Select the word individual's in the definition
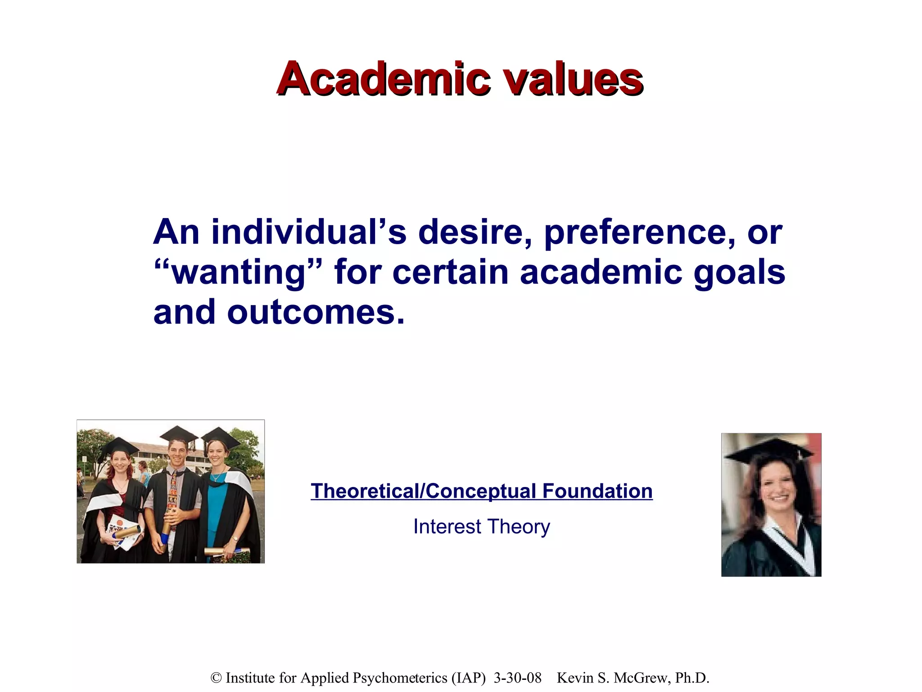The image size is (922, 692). (309, 232)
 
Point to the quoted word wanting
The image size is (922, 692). (239, 273)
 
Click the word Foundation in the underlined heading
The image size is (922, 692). (597, 491)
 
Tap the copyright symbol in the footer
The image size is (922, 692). (216, 678)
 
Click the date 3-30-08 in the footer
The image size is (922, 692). (517, 678)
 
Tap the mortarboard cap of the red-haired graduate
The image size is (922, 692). (120, 445)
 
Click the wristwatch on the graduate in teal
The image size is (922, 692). (235, 538)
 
